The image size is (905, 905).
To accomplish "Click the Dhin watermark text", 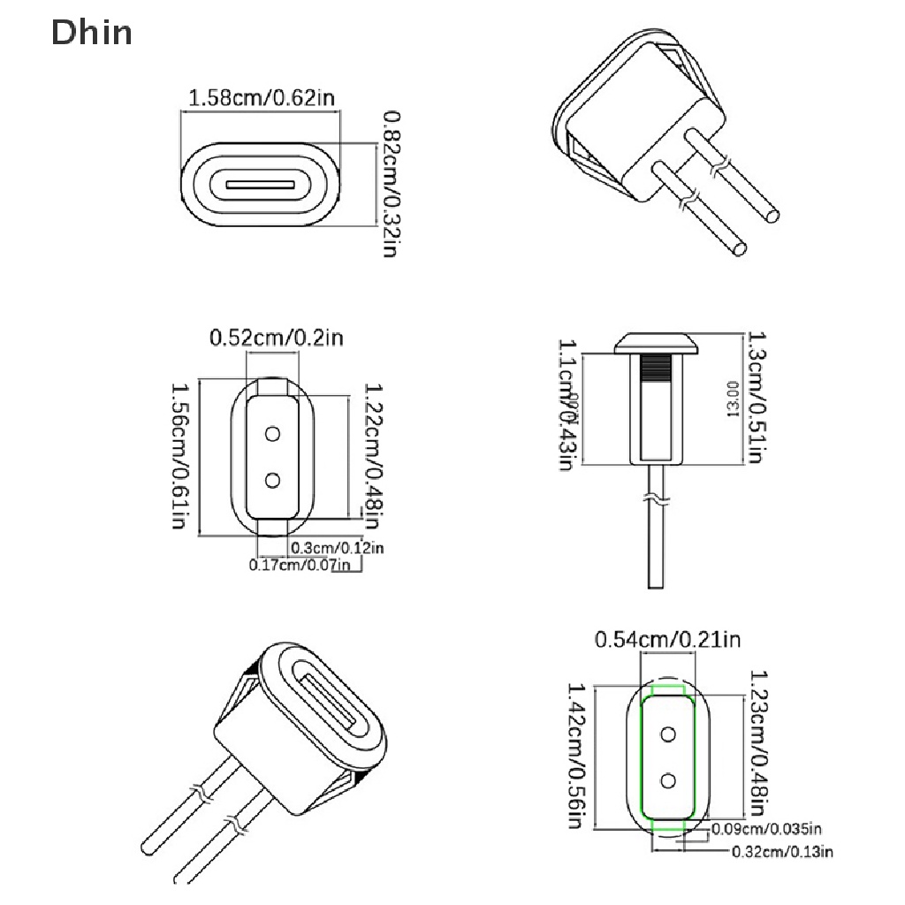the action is point(92,33).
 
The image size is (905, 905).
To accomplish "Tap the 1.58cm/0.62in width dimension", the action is point(262,98).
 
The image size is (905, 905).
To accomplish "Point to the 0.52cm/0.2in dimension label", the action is point(275,337).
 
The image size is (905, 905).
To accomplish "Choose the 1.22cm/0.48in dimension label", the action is point(375,451).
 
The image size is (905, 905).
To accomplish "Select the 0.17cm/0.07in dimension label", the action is point(300,566).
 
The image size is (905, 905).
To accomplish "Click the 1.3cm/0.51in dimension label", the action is point(755,398).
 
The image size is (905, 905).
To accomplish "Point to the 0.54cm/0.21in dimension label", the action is point(667,639).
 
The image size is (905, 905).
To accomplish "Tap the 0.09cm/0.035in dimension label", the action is point(766,829).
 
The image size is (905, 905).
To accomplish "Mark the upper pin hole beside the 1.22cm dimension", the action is point(272,433).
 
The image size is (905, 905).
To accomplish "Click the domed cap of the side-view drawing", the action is point(655,342).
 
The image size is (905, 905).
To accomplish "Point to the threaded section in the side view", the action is point(655,367).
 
